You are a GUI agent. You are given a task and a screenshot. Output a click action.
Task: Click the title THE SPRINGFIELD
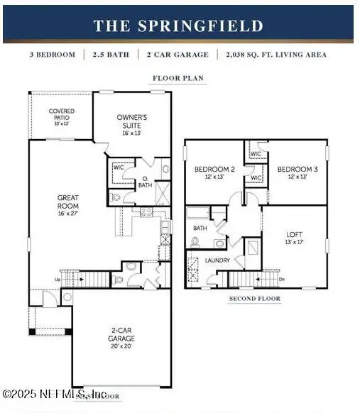[178, 26]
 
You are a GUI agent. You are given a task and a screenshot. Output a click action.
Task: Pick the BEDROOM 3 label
[295, 169]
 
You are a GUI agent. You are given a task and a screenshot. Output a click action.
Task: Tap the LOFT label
[295, 234]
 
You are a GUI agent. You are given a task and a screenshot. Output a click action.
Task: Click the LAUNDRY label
[218, 260]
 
